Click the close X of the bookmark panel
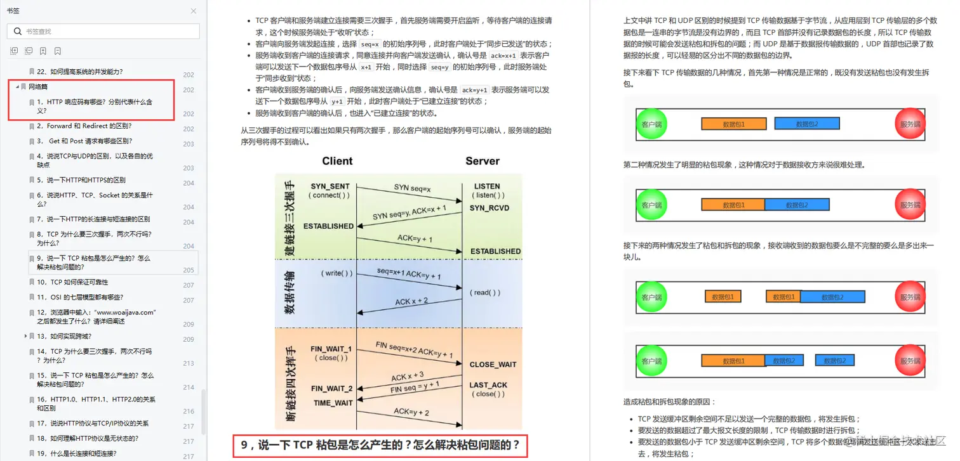[x=194, y=11]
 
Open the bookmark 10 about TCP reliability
[x=72, y=282]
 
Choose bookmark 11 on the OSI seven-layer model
[x=79, y=297]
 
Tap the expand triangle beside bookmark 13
[x=25, y=336]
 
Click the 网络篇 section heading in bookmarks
[x=38, y=86]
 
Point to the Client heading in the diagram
[x=337, y=161]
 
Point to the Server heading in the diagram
[x=483, y=161]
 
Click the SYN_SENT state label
[x=330, y=186]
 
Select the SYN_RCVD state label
[x=489, y=208]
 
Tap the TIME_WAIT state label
[x=333, y=403]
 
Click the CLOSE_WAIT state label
[x=493, y=365]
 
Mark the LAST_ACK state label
[x=488, y=385]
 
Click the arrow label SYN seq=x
[x=412, y=188]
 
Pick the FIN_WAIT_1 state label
[x=331, y=349]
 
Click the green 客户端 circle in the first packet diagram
[x=651, y=125]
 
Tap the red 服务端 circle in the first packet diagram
[x=910, y=125]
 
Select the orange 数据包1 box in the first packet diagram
[x=733, y=124]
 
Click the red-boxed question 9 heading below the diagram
[x=380, y=445]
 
